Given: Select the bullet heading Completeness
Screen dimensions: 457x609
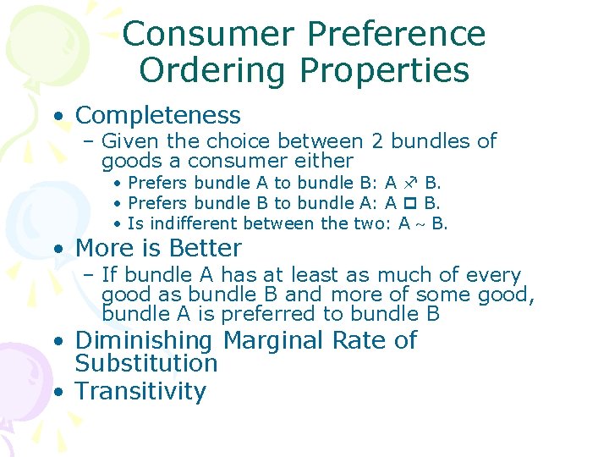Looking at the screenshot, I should pyautogui.click(x=158, y=115).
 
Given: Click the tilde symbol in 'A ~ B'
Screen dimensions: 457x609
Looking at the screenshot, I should pyautogui.click(x=420, y=224).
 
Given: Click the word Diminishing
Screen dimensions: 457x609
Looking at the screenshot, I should pyautogui.click(x=144, y=341).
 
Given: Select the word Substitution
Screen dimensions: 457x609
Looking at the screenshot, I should pyautogui.click(x=146, y=364).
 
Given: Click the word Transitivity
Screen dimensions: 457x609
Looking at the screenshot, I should pyautogui.click(x=140, y=392).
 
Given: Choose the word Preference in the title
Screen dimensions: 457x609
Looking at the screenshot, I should pyautogui.click(x=397, y=35).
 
